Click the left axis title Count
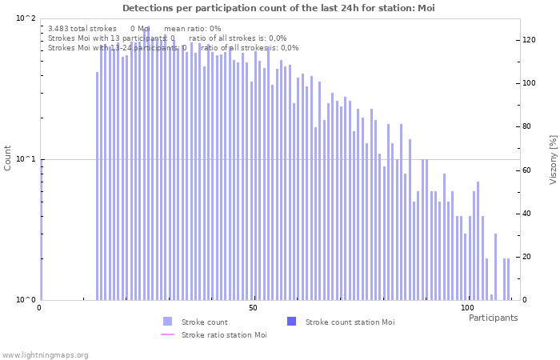pos(8,158)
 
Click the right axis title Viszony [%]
pos(552,158)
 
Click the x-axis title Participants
pos(493,318)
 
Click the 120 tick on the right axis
pos(529,40)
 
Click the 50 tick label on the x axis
pos(253,308)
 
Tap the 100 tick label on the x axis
pos(466,308)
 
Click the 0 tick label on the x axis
pos(40,308)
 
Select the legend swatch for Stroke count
pos(167,322)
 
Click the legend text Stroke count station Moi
pos(350,322)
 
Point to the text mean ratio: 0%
pos(192,28)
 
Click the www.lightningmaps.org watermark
pos(46,354)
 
